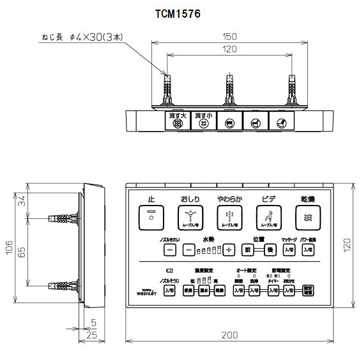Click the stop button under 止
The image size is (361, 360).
pyautogui.click(x=151, y=218)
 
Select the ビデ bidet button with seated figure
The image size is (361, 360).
pyautogui.click(x=268, y=218)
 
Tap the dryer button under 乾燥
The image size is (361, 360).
pyautogui.click(x=307, y=218)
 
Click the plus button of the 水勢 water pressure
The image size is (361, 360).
pyautogui.click(x=229, y=250)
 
